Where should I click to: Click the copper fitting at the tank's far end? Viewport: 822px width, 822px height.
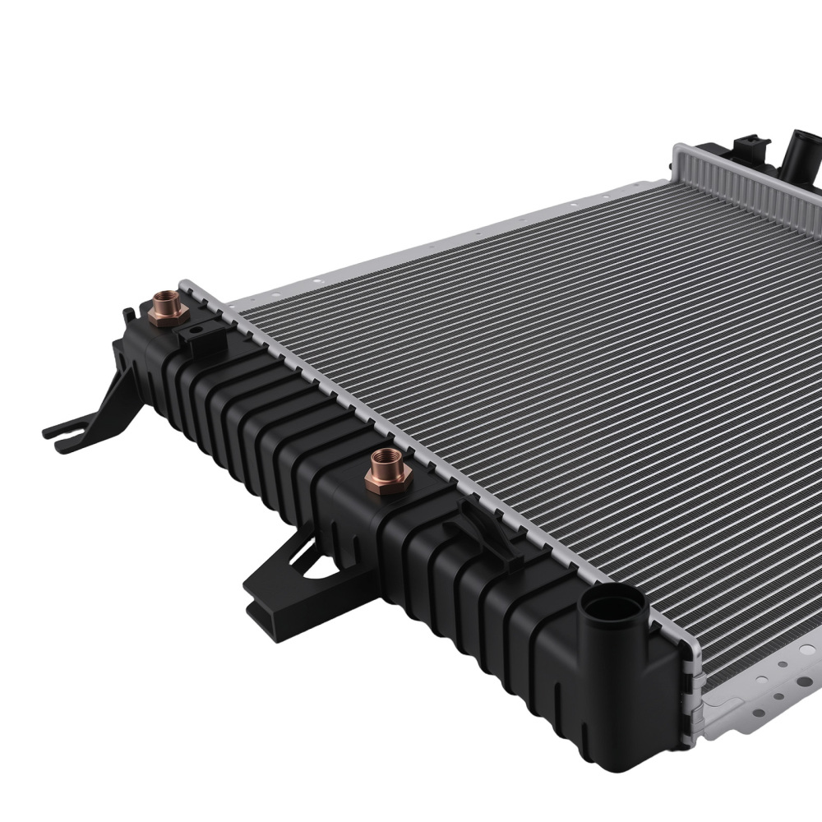click(169, 309)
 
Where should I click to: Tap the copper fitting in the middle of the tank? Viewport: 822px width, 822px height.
click(388, 471)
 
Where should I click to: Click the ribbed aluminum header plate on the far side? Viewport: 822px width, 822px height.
click(740, 177)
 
